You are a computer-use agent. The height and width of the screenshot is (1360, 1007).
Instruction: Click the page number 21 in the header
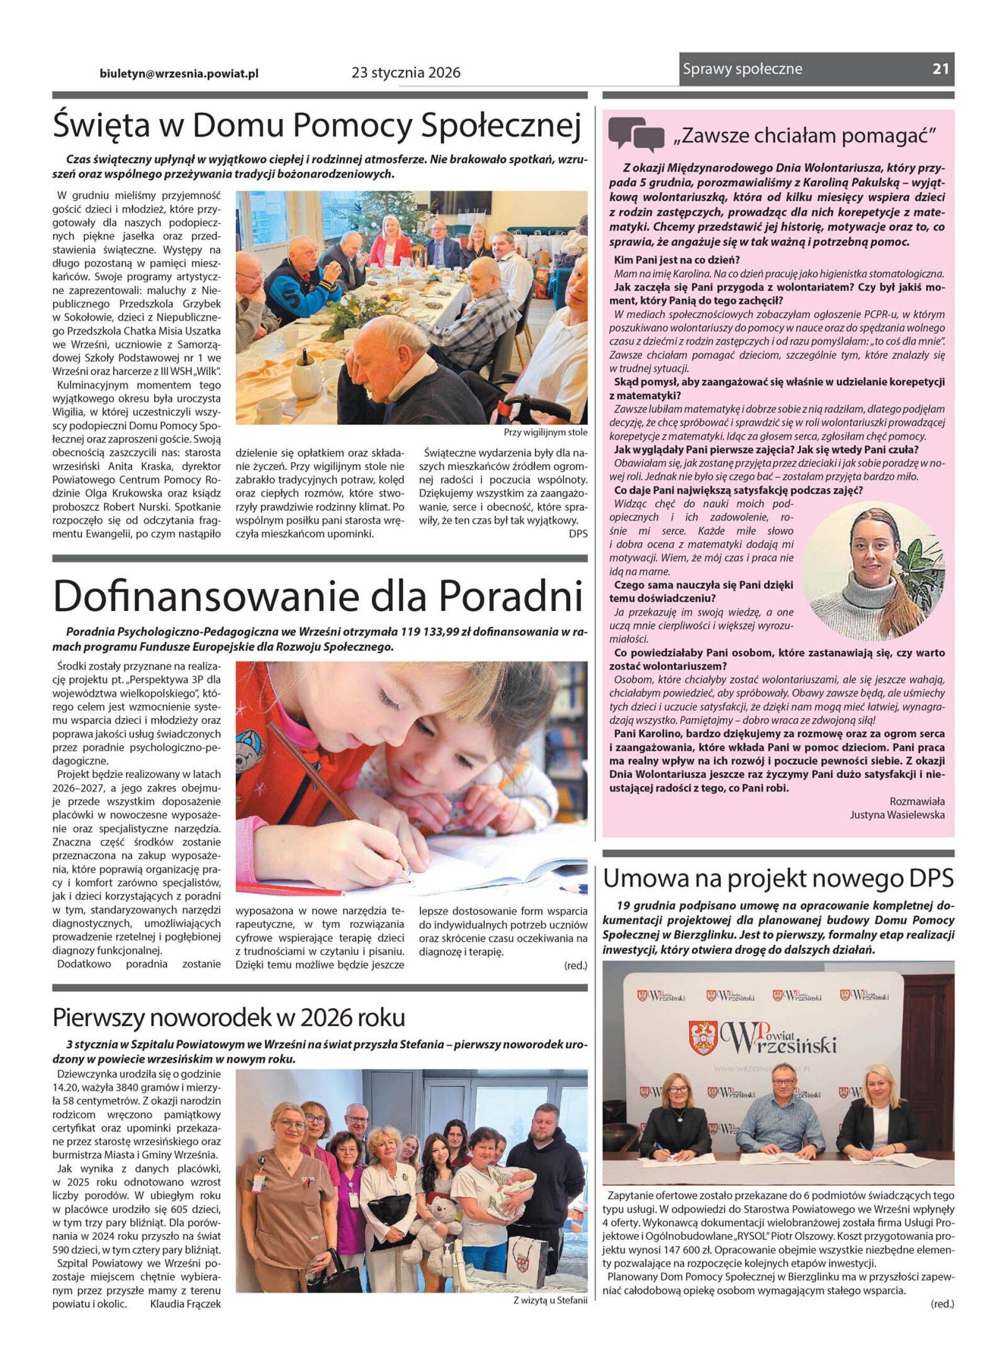pos(940,69)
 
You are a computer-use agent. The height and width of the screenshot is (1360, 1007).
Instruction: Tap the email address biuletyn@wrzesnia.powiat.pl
pos(179,73)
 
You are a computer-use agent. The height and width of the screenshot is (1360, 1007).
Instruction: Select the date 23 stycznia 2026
pos(406,73)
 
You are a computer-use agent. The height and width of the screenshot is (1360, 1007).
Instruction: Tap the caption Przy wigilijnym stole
pos(545,433)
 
